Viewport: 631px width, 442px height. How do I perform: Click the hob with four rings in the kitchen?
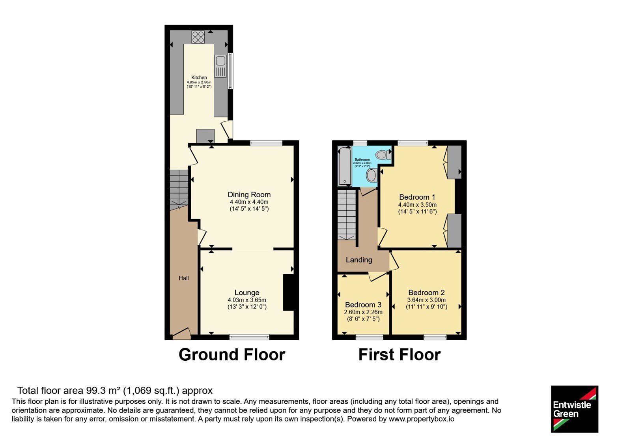198,37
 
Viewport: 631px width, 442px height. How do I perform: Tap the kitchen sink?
220,66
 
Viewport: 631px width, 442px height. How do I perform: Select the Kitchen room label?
199,77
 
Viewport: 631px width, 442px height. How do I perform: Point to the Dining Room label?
249,195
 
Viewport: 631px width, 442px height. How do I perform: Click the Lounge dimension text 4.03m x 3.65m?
247,300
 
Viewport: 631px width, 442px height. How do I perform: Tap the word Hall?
184,278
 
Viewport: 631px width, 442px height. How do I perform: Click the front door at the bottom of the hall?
182,333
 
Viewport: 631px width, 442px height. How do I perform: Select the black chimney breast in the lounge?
288,292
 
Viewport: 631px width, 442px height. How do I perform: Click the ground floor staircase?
179,190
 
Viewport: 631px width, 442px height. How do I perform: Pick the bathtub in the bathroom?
345,166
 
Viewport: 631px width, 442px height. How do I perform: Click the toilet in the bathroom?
383,154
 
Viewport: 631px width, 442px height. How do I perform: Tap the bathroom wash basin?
372,175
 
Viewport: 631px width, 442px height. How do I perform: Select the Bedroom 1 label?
417,197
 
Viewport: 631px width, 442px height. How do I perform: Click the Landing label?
359,260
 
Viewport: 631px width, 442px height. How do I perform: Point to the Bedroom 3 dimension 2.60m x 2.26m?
363,312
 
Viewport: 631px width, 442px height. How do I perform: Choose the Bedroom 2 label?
426,292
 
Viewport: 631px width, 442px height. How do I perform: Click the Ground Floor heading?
232,355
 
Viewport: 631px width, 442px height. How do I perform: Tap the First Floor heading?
400,355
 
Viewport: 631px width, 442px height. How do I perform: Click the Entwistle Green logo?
575,409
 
